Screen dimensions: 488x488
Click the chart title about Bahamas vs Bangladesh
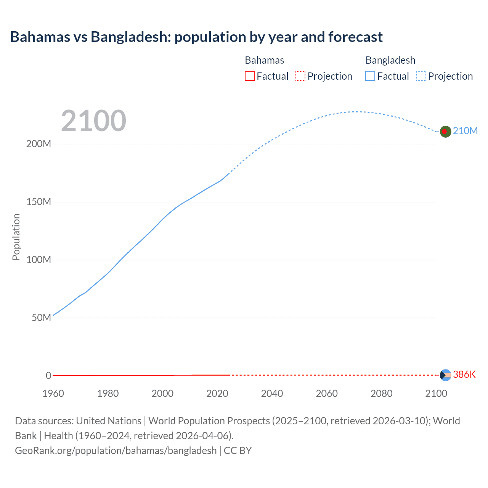coord(196,37)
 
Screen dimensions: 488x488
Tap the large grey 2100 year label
coord(93,121)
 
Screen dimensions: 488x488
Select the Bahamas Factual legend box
coord(249,76)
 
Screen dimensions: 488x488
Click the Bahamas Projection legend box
coord(300,76)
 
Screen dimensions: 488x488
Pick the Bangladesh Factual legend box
coord(370,76)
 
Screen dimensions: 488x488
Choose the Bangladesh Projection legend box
coord(421,76)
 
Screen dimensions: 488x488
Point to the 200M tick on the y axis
coord(39,144)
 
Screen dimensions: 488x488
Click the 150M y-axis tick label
coord(39,202)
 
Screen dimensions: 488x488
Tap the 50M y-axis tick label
coord(41,318)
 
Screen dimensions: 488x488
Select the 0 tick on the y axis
coord(48,376)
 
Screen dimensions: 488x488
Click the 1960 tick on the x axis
coord(53,393)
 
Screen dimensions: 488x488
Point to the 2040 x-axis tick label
coord(272,393)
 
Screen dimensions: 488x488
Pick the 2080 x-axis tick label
coord(381,393)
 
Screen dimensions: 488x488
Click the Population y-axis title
coord(16,237)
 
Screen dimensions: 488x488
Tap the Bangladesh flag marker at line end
coord(445,132)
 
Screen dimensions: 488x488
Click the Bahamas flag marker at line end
coord(445,375)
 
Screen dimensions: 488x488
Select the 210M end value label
coord(465,131)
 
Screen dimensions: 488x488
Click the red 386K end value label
coord(464,374)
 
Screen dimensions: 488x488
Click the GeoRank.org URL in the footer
coord(116,451)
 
